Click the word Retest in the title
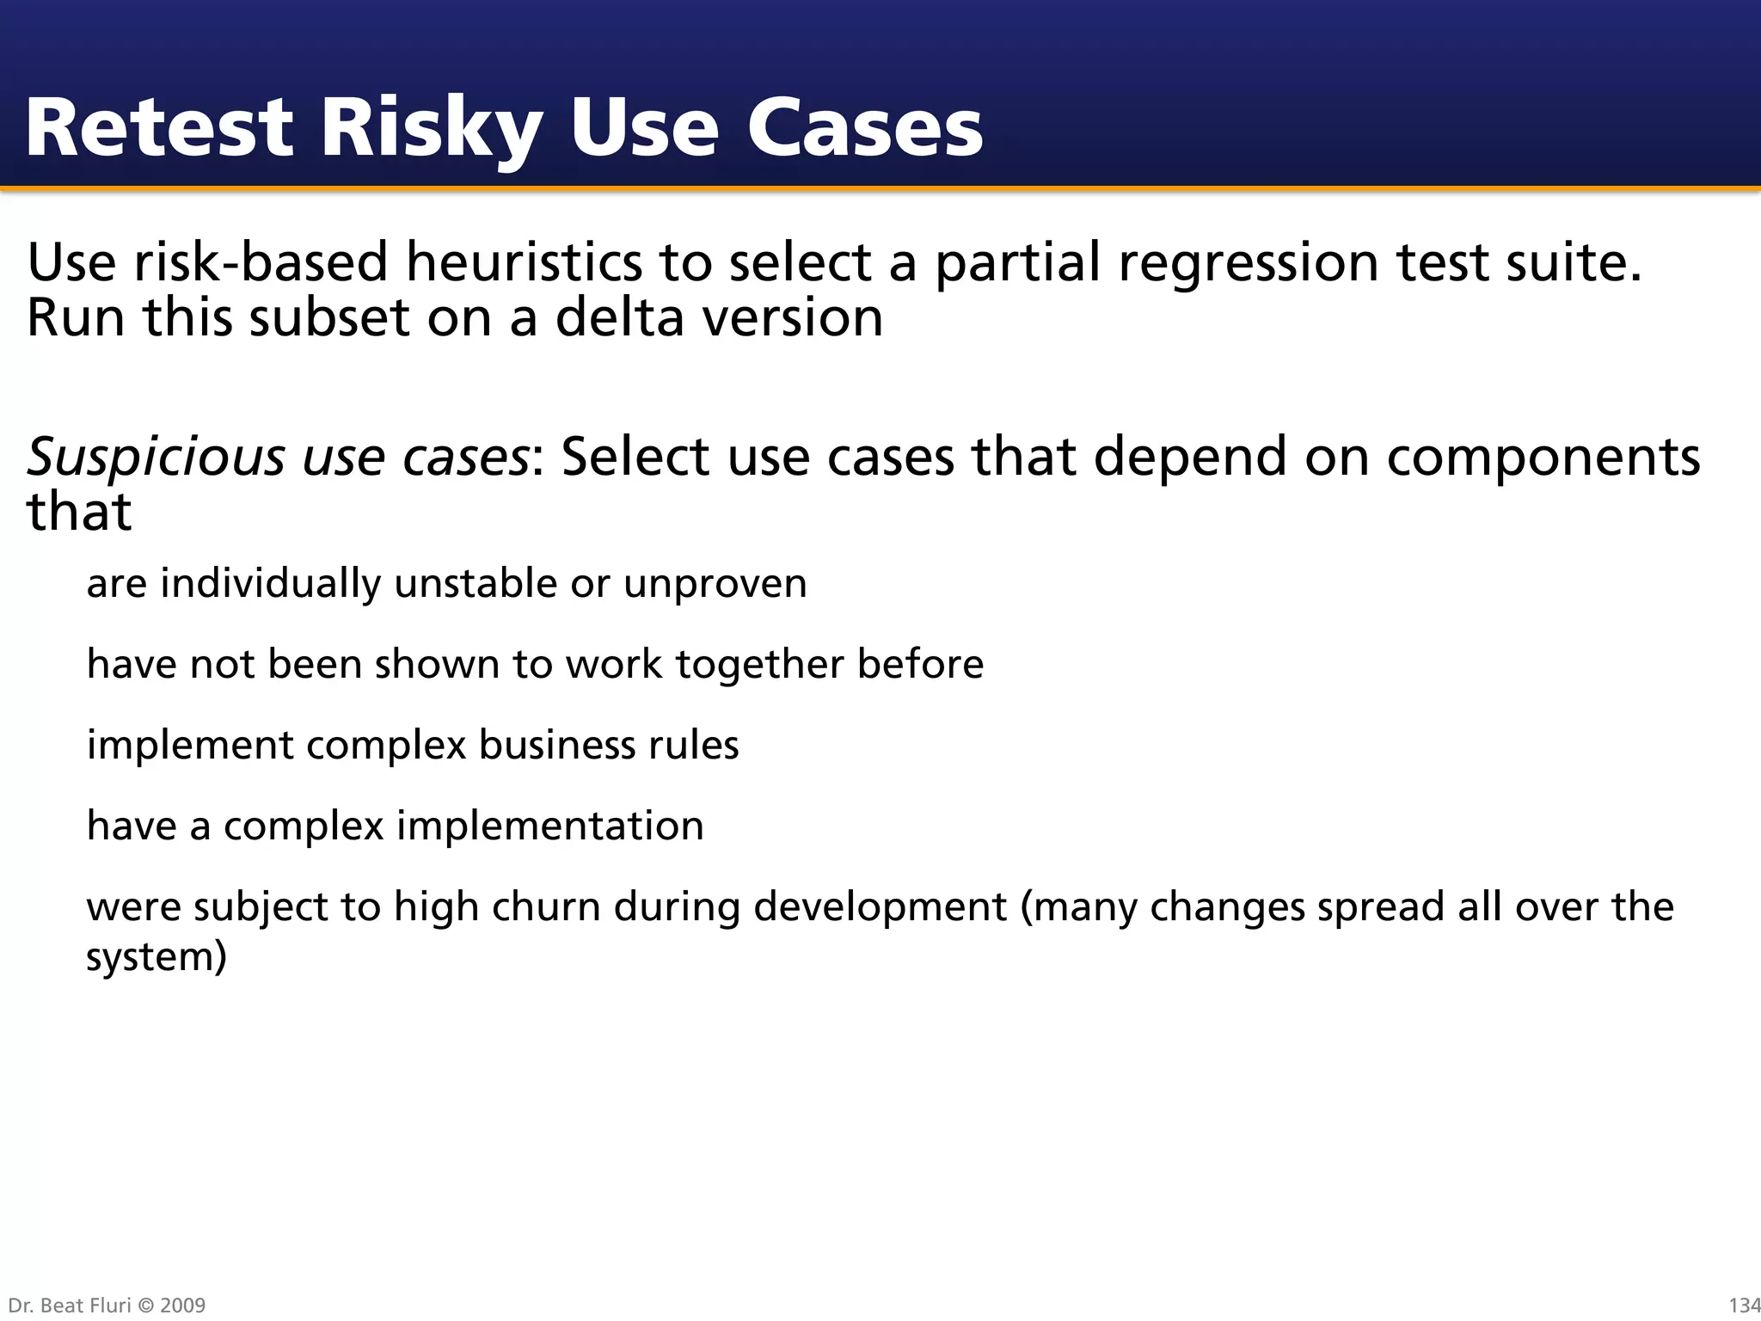click(x=160, y=129)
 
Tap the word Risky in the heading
click(x=431, y=129)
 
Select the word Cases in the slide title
click(x=864, y=129)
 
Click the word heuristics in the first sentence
click(x=524, y=262)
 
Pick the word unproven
click(x=715, y=584)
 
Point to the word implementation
click(x=549, y=826)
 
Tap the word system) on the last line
click(x=156, y=956)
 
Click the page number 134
click(x=1744, y=1306)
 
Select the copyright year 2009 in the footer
click(x=182, y=1306)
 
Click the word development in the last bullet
click(x=880, y=906)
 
